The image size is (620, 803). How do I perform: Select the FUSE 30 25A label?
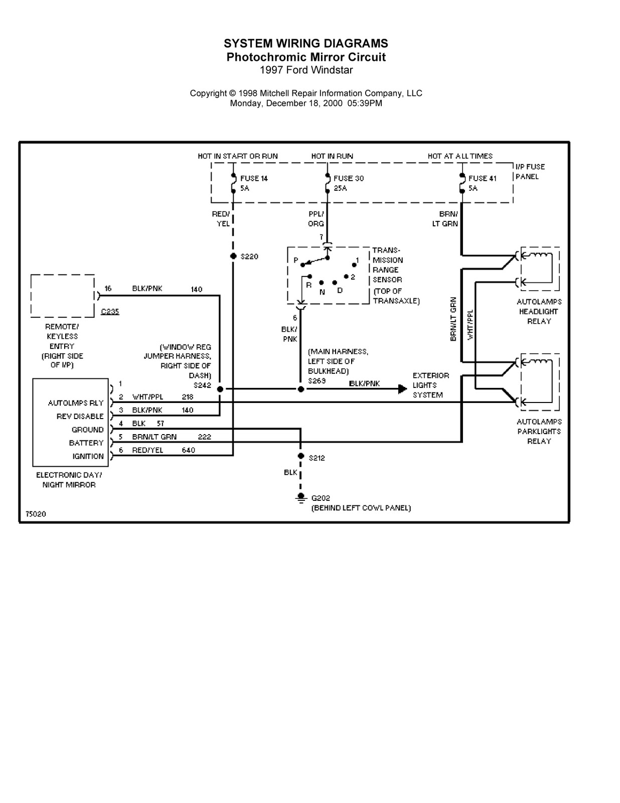coord(348,183)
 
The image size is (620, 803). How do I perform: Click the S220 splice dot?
coord(233,256)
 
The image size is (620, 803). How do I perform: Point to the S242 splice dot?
coord(220,389)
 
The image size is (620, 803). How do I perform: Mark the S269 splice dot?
coord(301,389)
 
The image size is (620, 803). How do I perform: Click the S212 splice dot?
coord(301,456)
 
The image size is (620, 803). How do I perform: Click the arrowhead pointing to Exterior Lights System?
coord(402,389)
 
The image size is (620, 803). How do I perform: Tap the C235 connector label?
coord(110,311)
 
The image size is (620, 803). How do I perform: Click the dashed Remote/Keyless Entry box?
coord(62,296)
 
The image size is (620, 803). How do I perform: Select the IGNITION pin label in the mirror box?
coord(88,456)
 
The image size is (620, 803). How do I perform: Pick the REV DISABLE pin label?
coord(80,416)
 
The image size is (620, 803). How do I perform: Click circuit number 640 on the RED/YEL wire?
coord(188,450)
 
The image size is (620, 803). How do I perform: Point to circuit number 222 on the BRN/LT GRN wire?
coord(204,437)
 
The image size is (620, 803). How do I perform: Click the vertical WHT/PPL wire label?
coord(471,325)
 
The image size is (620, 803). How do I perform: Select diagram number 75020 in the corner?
coord(36,514)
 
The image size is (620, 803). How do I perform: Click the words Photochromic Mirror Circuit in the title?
coord(306,57)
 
